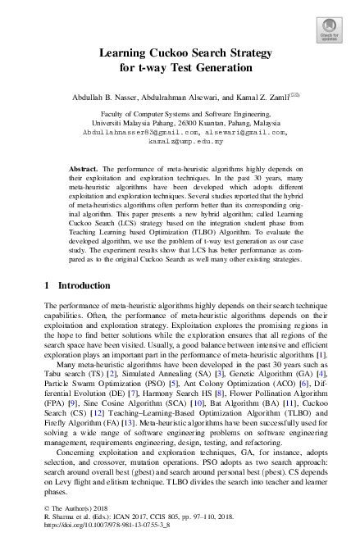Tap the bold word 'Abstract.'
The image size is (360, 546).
[84, 167]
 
